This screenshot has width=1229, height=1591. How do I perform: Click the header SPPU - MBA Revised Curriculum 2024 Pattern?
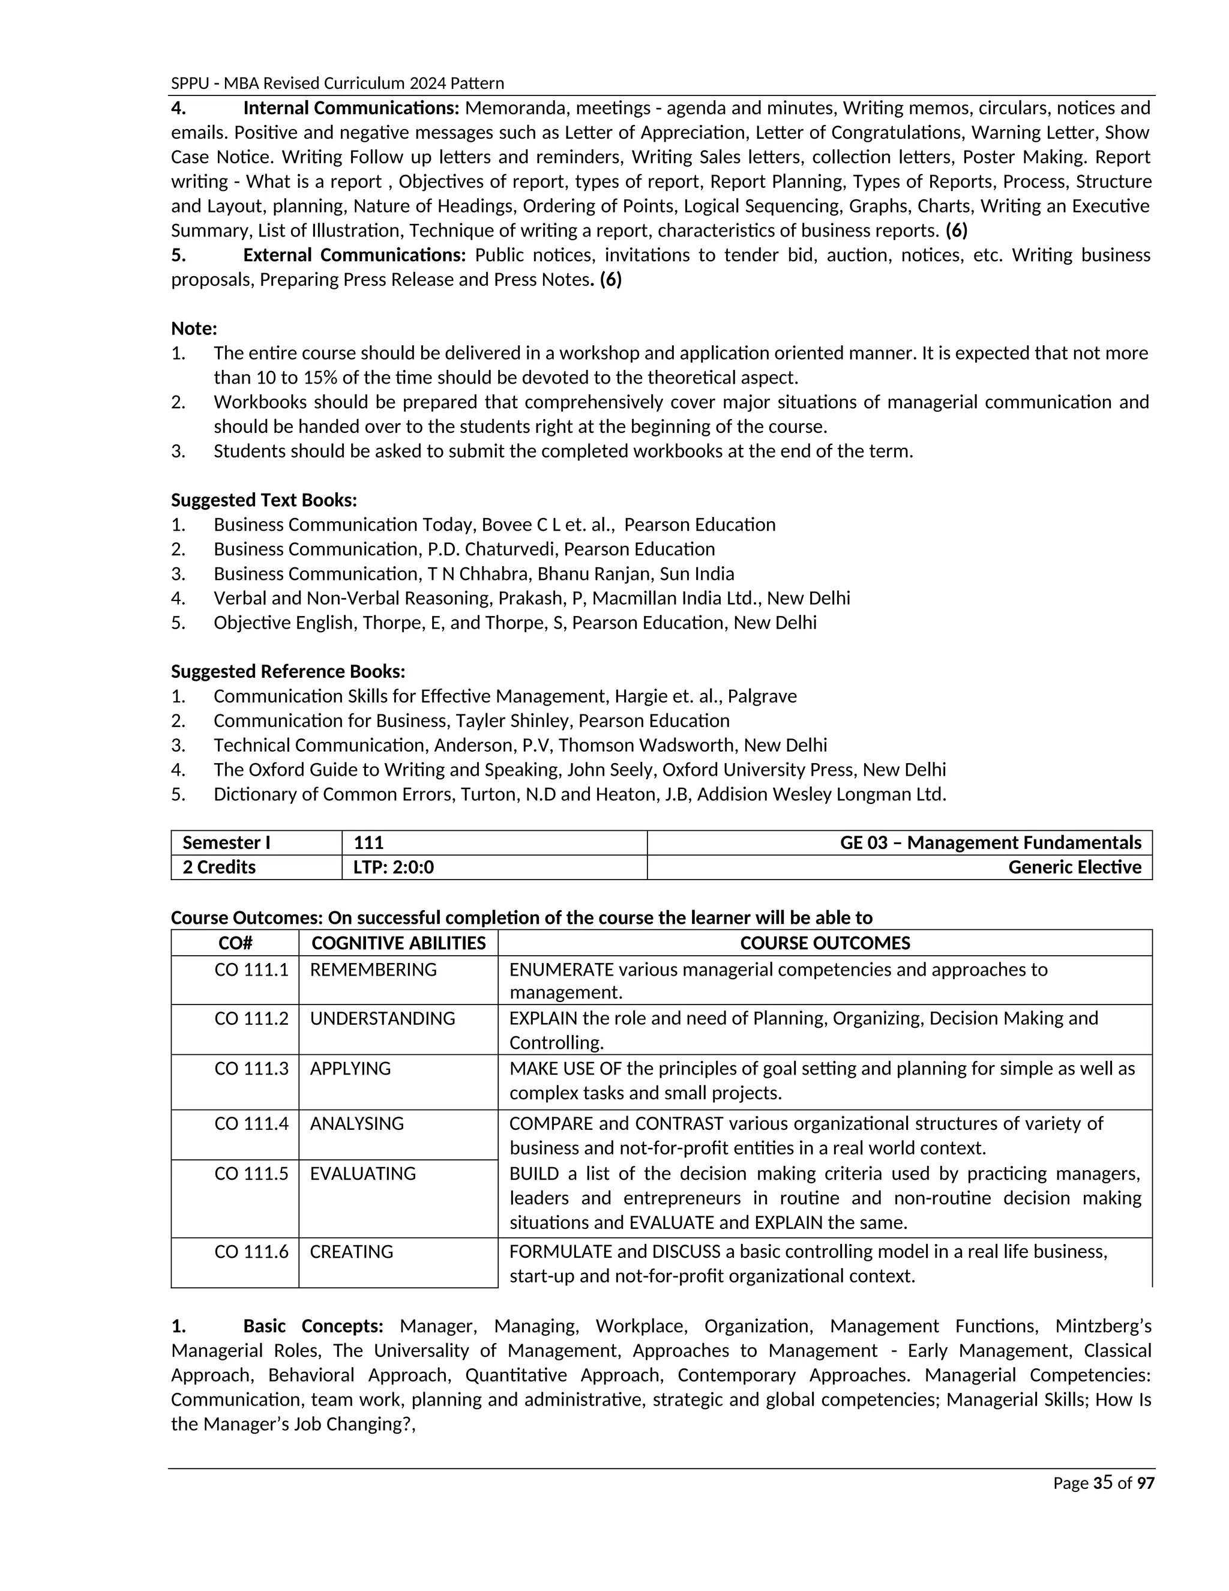pyautogui.click(x=337, y=83)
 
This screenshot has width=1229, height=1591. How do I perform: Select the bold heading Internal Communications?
pyautogui.click(x=350, y=109)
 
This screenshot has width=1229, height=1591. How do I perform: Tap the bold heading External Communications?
pyautogui.click(x=354, y=255)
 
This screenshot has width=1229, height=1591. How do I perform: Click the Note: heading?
pyautogui.click(x=194, y=328)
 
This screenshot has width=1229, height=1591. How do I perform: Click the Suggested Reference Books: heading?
pyautogui.click(x=287, y=671)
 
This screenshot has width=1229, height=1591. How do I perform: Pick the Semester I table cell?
pyautogui.click(x=226, y=843)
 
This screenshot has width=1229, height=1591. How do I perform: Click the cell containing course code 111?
pyautogui.click(x=368, y=843)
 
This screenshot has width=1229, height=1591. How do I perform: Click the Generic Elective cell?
pyautogui.click(x=1074, y=867)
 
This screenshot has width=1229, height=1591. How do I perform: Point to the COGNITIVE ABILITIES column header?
pyautogui.click(x=398, y=943)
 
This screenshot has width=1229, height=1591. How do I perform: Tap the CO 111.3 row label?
pyautogui.click(x=251, y=1068)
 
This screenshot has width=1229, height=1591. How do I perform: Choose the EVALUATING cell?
pyautogui.click(x=362, y=1174)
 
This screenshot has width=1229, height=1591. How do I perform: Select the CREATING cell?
pyautogui.click(x=351, y=1252)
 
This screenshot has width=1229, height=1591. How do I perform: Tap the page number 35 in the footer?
pyautogui.click(x=1102, y=1482)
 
